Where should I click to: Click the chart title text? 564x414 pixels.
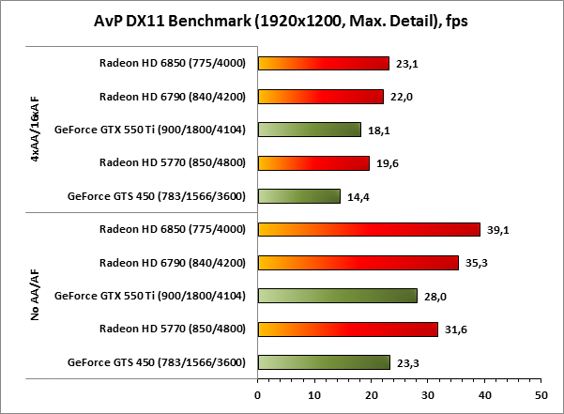[282, 20]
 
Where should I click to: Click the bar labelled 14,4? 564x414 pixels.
[298, 196]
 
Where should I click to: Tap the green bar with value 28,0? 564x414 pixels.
[337, 296]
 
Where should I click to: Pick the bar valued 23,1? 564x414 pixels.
[323, 64]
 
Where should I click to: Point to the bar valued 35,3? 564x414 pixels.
[358, 263]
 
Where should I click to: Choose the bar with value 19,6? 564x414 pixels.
[313, 163]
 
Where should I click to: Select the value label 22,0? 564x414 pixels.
[402, 98]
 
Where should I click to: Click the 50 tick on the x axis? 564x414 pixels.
[541, 395]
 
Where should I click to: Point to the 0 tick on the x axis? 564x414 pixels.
[257, 395]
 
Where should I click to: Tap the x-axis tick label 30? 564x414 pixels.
[427, 395]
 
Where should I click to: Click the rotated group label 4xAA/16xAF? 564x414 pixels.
[35, 130]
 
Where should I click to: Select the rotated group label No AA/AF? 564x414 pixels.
[35, 296]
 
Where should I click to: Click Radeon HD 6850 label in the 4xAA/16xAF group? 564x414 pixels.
[172, 64]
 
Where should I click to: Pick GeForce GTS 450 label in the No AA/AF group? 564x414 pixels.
[157, 362]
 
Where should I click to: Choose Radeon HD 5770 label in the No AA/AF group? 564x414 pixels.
[172, 330]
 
